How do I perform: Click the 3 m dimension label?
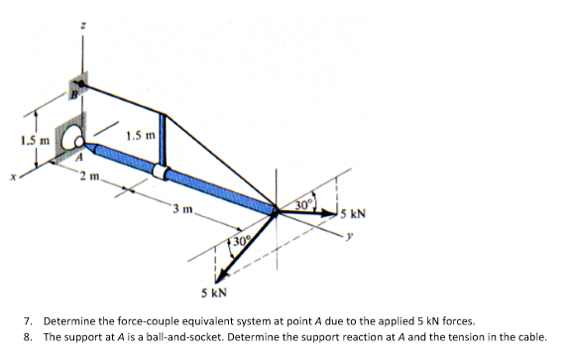point(179,207)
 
